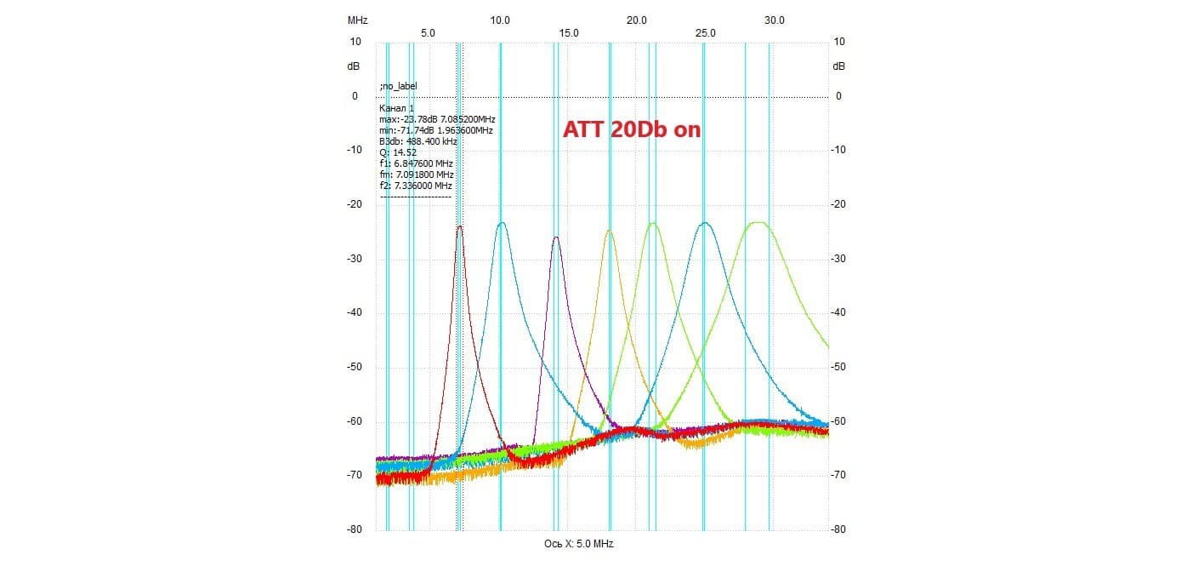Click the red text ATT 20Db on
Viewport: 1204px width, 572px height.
tap(632, 129)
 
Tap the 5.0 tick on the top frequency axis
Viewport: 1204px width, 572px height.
tap(428, 32)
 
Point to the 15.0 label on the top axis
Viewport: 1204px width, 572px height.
tap(569, 32)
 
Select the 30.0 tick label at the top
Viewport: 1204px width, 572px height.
tap(775, 19)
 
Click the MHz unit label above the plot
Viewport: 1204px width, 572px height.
tap(357, 19)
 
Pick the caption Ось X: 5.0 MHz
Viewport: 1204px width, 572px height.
tap(578, 543)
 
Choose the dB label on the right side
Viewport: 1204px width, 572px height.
tap(839, 66)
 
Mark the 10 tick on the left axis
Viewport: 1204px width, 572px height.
tap(355, 42)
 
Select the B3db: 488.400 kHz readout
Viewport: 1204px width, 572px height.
tap(418, 141)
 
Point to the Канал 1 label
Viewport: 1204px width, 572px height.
tap(396, 108)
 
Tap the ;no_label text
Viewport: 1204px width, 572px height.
tap(399, 86)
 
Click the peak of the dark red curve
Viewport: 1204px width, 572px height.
tap(460, 226)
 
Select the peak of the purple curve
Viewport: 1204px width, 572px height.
tap(556, 237)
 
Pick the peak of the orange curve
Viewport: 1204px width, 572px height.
tap(610, 231)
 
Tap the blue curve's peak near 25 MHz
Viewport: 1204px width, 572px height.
tap(704, 224)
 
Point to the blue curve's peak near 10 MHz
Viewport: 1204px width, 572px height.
tap(502, 224)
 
